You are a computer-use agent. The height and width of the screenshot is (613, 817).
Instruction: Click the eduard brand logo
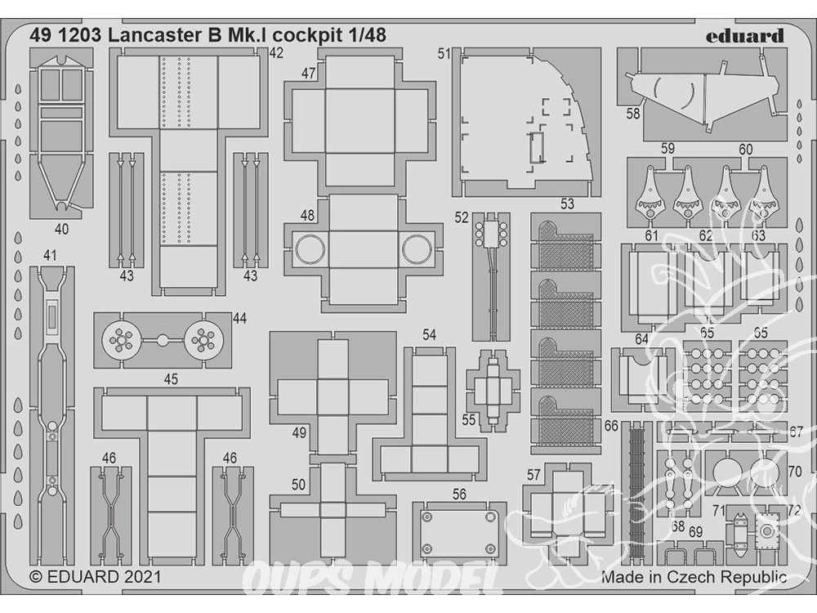click(x=745, y=37)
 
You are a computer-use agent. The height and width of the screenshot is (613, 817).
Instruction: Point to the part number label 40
click(x=61, y=229)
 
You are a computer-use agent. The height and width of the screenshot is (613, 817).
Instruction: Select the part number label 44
click(x=239, y=318)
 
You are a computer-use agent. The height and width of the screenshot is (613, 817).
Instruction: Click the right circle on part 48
click(x=417, y=248)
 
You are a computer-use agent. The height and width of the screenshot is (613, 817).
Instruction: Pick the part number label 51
click(x=444, y=54)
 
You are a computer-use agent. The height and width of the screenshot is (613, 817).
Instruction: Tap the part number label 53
click(x=567, y=204)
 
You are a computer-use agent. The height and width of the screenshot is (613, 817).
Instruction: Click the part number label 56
click(x=459, y=494)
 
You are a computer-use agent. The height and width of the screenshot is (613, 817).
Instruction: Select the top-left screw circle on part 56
click(x=427, y=517)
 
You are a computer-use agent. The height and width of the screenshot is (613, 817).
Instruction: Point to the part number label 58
click(x=633, y=113)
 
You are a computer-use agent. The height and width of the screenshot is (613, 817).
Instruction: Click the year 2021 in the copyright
click(x=142, y=576)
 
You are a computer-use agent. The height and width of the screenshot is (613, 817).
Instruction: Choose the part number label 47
click(x=309, y=74)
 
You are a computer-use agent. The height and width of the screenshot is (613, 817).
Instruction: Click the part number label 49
click(x=299, y=432)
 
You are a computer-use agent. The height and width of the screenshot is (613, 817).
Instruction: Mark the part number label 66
click(x=611, y=426)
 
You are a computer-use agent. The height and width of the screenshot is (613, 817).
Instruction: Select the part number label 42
click(x=276, y=53)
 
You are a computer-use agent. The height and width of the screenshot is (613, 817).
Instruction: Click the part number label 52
click(x=462, y=217)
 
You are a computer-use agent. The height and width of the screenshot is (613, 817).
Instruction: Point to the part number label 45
click(x=171, y=379)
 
